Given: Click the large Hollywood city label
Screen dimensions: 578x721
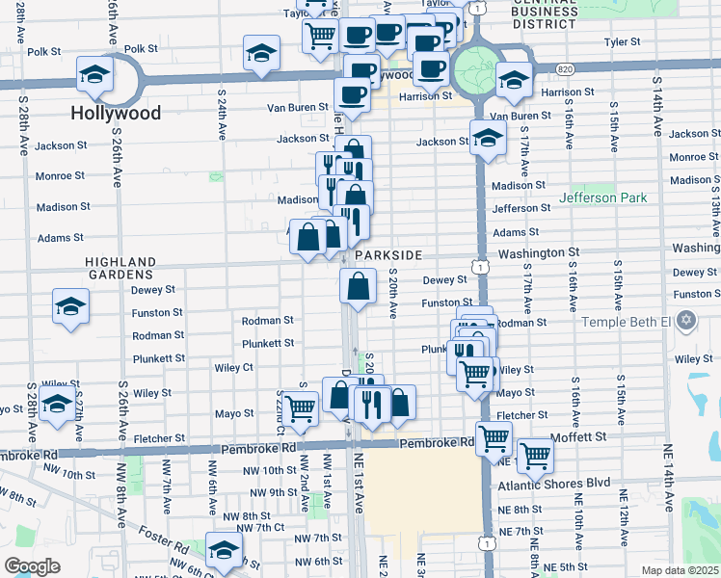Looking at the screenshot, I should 116,113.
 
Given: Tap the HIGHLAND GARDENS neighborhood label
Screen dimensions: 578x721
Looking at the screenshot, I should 120,268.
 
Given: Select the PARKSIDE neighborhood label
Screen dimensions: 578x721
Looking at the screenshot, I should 388,254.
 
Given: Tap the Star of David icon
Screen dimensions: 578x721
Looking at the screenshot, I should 686,319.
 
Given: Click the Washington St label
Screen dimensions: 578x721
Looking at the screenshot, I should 539,252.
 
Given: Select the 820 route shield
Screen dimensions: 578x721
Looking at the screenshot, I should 565,68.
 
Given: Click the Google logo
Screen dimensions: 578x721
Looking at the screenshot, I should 32,565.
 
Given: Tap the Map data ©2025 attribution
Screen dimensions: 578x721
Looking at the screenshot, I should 681,571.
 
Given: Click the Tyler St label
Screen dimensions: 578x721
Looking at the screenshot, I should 622,42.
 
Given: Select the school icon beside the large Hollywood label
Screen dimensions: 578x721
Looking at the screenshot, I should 94,74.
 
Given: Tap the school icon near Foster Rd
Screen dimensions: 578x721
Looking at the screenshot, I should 224,550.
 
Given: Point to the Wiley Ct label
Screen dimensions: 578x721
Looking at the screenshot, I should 233,367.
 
